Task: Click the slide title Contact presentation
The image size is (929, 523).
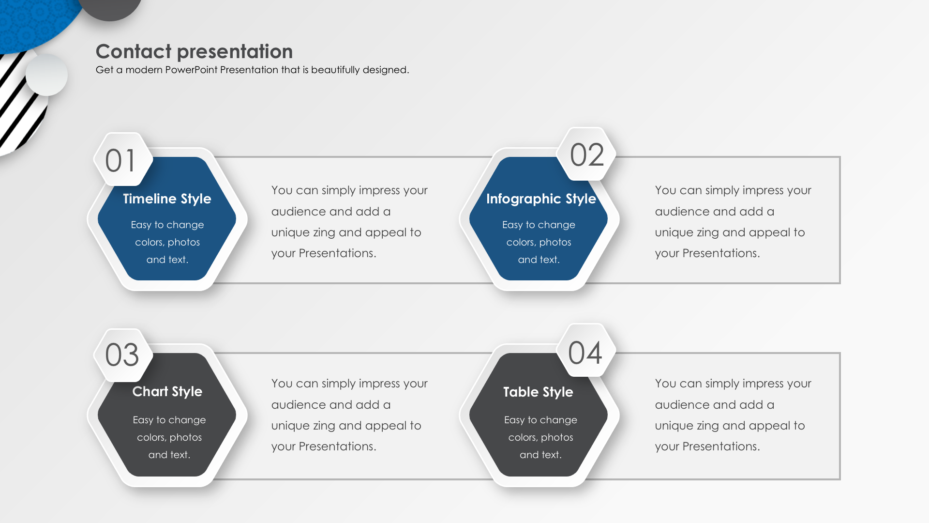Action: click(x=194, y=51)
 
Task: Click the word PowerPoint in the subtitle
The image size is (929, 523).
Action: click(x=191, y=70)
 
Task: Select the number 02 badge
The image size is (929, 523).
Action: click(x=586, y=154)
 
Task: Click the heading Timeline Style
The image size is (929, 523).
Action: click(x=167, y=199)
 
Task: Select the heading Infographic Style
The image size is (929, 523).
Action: click(x=541, y=199)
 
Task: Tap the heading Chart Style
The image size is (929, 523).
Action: click(x=167, y=391)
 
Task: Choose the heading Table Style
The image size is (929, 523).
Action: click(x=538, y=392)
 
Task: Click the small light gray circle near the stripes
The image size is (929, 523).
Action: click(x=46, y=75)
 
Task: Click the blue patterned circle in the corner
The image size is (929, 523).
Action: click(x=34, y=22)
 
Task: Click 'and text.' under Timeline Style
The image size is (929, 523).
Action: click(x=167, y=260)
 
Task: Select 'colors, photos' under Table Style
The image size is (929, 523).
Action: click(x=540, y=437)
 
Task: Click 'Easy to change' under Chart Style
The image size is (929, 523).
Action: click(x=169, y=420)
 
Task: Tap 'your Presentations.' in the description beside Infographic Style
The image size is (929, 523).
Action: click(x=707, y=253)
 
